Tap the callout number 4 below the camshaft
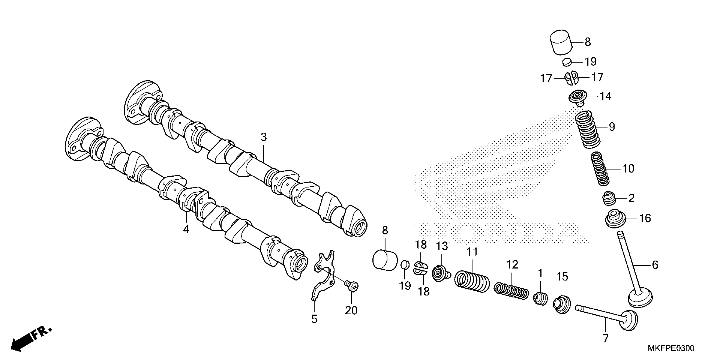click(186, 229)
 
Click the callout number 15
click(562, 277)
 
